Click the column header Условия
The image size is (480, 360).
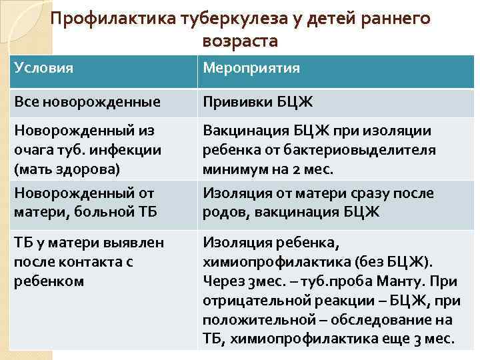[x=43, y=68]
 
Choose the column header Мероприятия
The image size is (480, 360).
[x=251, y=68]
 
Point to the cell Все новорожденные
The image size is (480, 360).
[x=87, y=102]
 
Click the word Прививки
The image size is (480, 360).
[x=233, y=102]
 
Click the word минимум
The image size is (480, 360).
[x=234, y=169]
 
